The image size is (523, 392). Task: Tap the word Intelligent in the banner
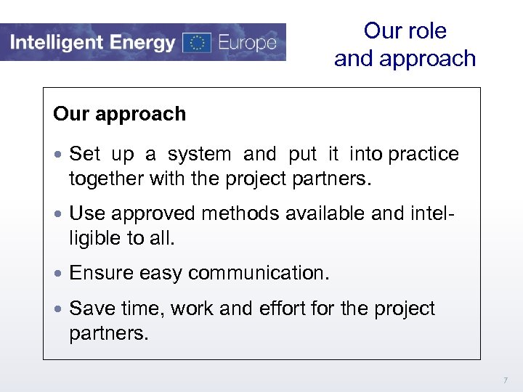tap(54, 42)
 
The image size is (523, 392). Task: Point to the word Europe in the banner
tap(246, 43)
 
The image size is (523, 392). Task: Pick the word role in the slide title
tap(427, 30)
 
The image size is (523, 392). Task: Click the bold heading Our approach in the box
tap(119, 114)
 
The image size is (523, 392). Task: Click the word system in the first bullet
tap(199, 155)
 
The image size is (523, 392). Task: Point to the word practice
tap(424, 155)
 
